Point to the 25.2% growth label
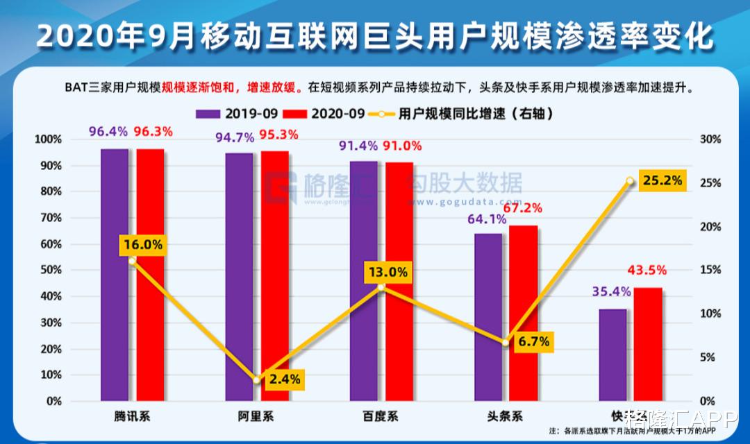coord(661,181)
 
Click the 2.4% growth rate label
coord(285,379)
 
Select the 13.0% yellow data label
coord(387,272)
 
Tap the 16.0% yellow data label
coord(143,244)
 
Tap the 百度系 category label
coord(381,416)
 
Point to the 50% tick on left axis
coord(49,271)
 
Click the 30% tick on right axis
coord(710,139)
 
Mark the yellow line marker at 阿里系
coord(256,380)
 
